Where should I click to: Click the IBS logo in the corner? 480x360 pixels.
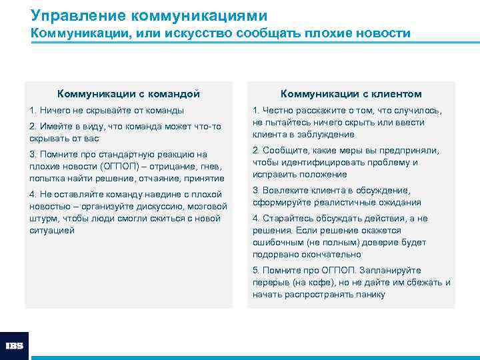14,346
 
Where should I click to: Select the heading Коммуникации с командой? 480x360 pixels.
129,94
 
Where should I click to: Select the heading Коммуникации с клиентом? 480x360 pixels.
351,94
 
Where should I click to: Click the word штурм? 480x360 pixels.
44,218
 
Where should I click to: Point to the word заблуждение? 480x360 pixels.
322,135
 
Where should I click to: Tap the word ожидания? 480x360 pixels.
397,202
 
